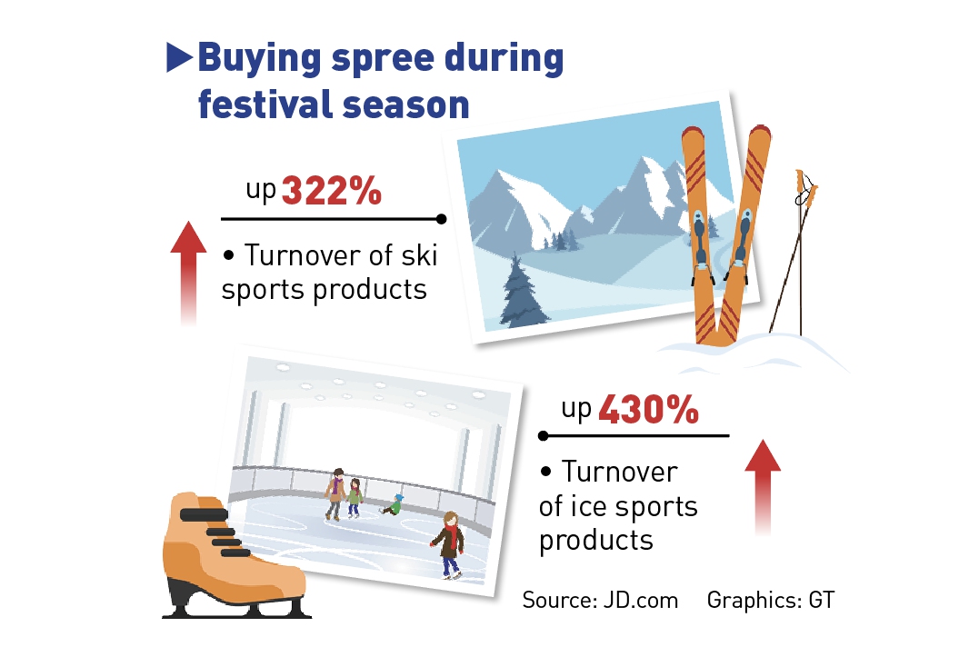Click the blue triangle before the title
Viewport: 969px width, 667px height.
[x=179, y=58]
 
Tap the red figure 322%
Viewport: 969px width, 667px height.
[x=331, y=190]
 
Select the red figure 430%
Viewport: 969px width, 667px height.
[x=648, y=409]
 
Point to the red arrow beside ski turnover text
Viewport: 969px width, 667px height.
[x=188, y=272]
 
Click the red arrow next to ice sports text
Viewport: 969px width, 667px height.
[x=763, y=487]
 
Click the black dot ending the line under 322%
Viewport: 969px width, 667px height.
[x=441, y=219]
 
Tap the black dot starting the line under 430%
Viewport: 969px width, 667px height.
[x=544, y=436]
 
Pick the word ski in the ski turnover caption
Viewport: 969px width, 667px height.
[x=419, y=255]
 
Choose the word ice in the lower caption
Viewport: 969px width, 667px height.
[x=583, y=506]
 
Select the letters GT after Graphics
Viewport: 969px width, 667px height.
[x=822, y=600]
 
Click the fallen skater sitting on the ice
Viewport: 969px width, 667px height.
[x=391, y=504]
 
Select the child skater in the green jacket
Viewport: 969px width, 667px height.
[x=355, y=498]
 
